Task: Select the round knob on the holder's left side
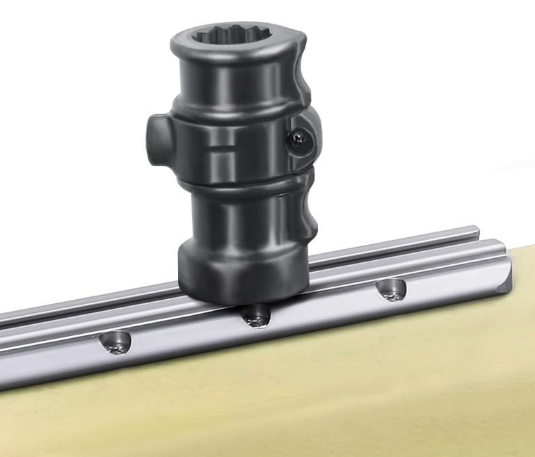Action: pyautogui.click(x=157, y=138)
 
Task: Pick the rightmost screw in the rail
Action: pyautogui.click(x=392, y=290)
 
